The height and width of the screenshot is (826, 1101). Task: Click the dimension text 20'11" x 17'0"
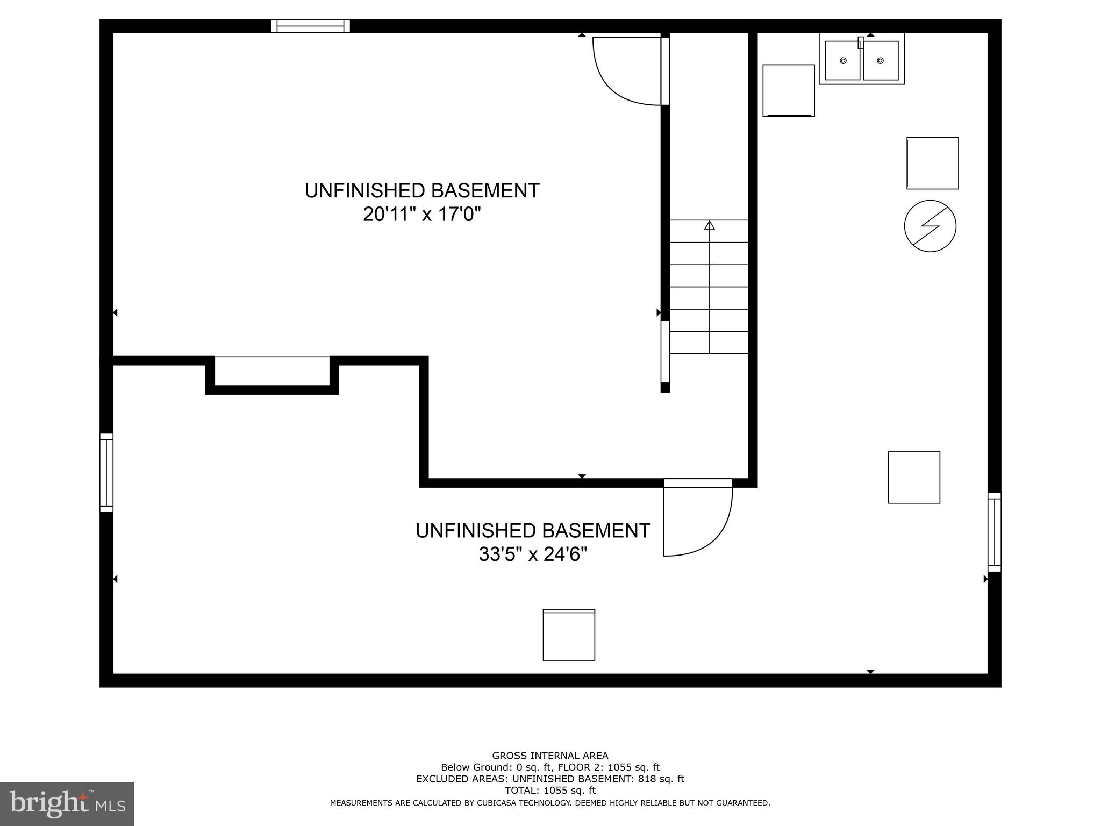[421, 215]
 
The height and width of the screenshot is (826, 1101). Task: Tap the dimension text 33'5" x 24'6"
[532, 554]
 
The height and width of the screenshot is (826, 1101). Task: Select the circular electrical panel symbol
[930, 226]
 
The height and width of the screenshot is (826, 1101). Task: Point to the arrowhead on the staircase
[710, 225]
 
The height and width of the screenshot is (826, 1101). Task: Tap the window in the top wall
[310, 26]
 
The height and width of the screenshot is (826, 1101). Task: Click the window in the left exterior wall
[106, 473]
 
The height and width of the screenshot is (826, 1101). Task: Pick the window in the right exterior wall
[995, 532]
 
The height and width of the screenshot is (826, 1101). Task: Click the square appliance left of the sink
[788, 90]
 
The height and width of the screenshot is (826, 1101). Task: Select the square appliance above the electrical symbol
[932, 163]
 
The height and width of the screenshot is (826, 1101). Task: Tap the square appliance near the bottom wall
[569, 635]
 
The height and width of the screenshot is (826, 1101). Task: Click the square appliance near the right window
[914, 478]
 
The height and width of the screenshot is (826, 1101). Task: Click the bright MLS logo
[67, 803]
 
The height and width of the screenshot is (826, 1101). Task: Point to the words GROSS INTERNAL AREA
[550, 756]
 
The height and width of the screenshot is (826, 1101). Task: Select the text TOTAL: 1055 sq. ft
[550, 791]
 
